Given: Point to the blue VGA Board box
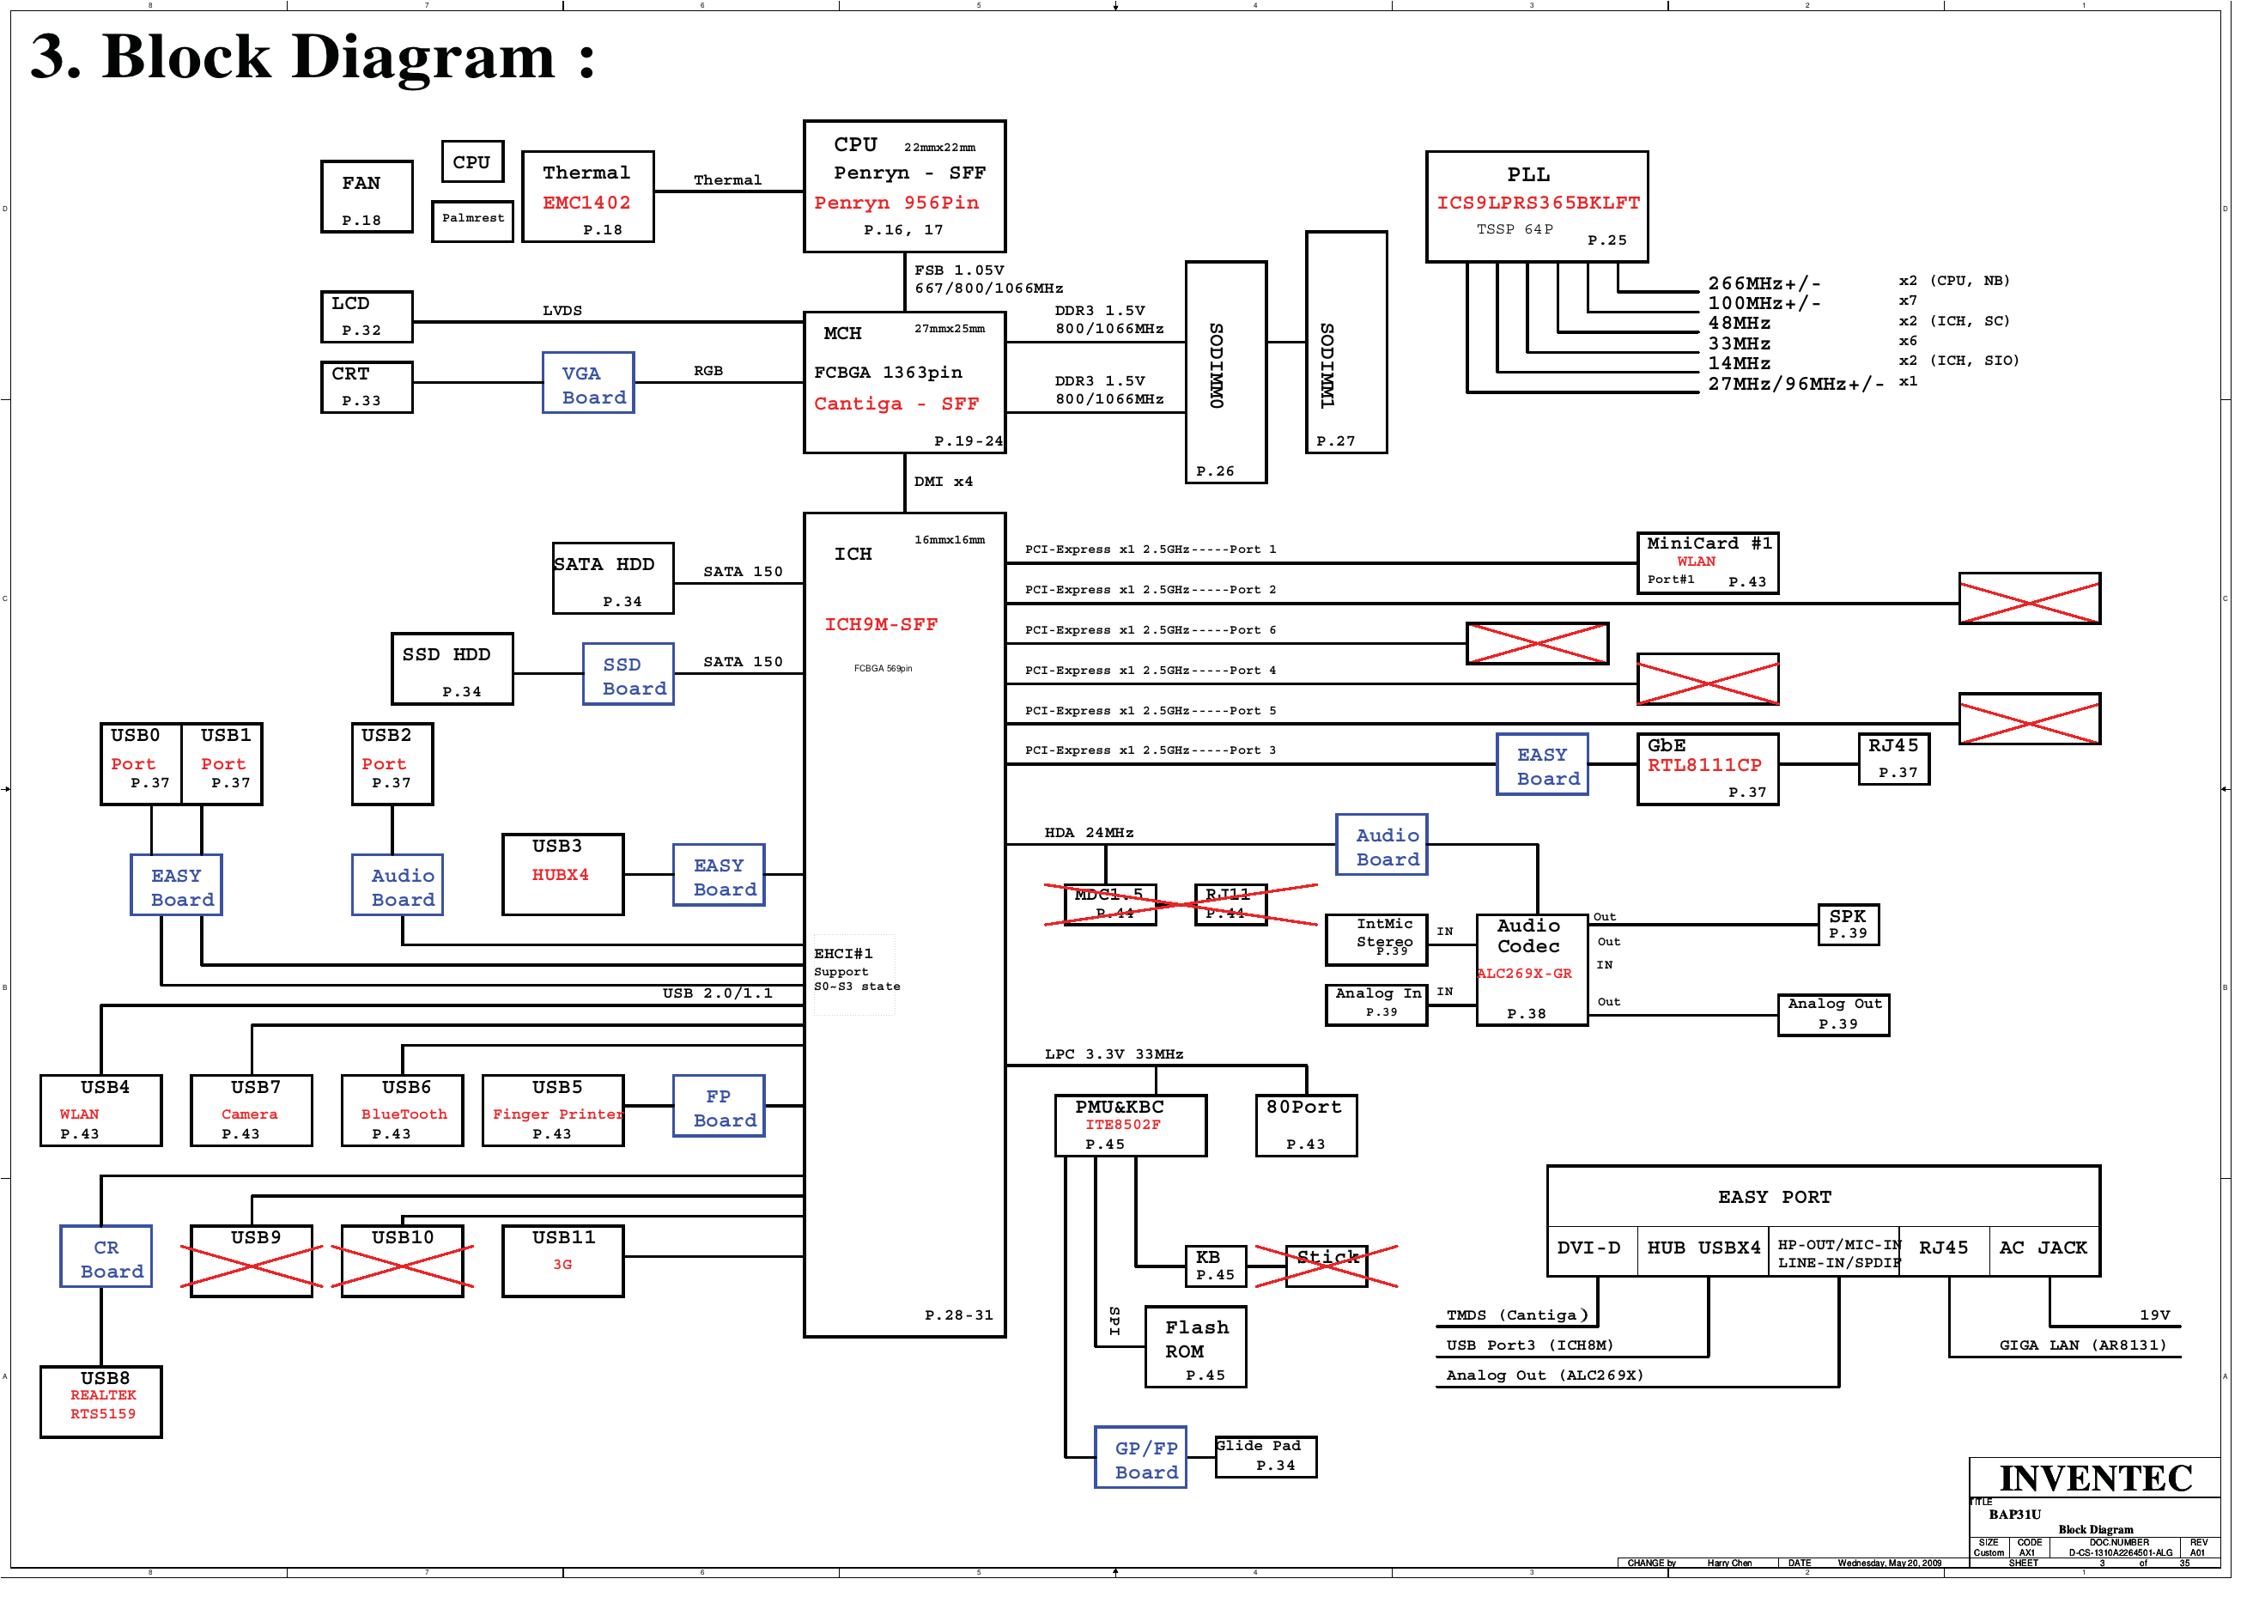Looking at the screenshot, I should [594, 386].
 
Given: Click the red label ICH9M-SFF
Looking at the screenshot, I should [890, 631].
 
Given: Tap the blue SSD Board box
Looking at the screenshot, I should [635, 681].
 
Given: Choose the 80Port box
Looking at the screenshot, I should [1321, 1138].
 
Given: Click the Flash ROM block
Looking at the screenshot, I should [1209, 1362].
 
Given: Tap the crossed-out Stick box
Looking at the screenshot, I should [1341, 1279].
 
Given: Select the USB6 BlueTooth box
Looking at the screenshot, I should [406, 1123].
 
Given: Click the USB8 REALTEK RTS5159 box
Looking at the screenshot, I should [102, 1417].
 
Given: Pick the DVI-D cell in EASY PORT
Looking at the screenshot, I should [1607, 1262].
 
